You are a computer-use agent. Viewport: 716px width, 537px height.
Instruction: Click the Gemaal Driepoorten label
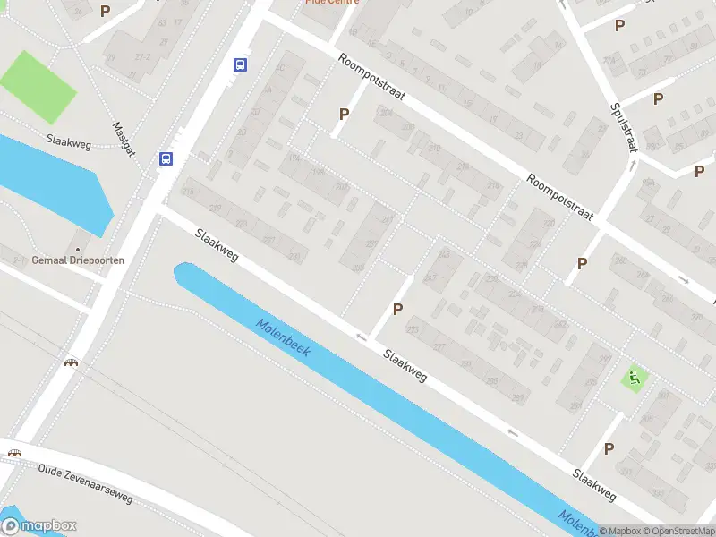click(x=78, y=260)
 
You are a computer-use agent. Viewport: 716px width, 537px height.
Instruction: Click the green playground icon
click(x=635, y=379)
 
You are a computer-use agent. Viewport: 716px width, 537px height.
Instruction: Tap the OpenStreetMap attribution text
click(x=678, y=531)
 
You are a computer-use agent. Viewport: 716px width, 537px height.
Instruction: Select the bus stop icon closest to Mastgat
click(x=166, y=159)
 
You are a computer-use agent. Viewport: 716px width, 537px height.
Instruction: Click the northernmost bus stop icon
click(x=241, y=64)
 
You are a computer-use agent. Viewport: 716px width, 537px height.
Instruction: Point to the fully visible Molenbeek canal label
click(x=282, y=338)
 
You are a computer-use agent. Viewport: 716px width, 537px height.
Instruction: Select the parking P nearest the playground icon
click(x=609, y=448)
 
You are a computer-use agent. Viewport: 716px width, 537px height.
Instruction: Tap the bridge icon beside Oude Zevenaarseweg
click(x=14, y=453)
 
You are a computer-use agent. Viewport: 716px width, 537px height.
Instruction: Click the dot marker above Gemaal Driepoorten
click(x=78, y=249)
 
